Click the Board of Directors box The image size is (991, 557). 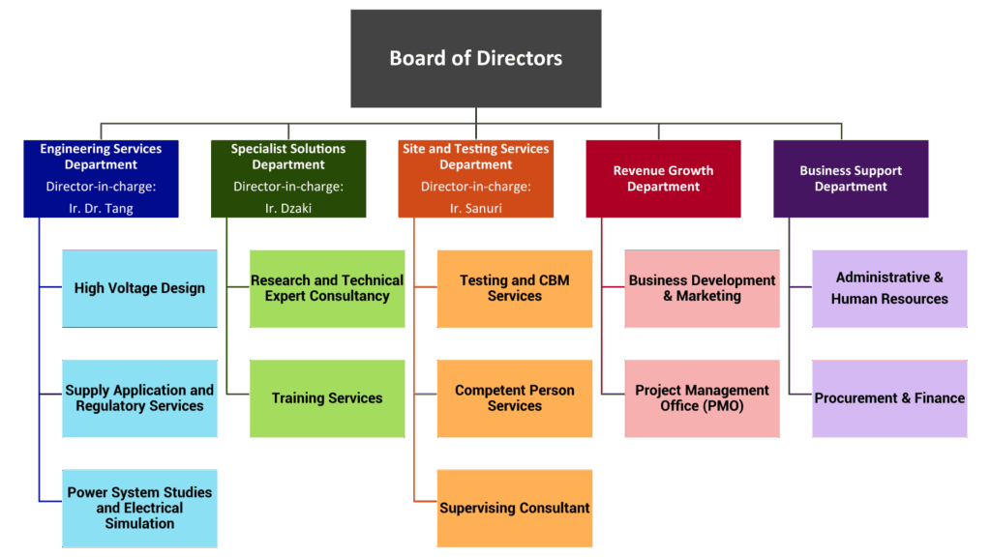[475, 58]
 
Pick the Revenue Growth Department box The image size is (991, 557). [663, 179]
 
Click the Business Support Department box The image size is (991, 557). [851, 179]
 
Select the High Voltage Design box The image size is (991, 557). [139, 288]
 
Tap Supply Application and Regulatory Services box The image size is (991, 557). [139, 398]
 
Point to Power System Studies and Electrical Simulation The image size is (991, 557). [139, 508]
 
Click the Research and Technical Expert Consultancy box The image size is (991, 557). [327, 288]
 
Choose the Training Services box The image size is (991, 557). [327, 398]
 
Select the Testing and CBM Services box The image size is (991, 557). [514, 288]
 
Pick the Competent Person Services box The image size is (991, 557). [514, 398]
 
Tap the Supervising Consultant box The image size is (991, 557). [514, 508]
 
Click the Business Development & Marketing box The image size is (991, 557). [702, 288]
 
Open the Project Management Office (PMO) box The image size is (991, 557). [702, 398]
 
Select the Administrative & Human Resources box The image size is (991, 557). [889, 288]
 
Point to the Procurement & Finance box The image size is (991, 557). [889, 398]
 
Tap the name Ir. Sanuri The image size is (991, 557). [476, 209]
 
